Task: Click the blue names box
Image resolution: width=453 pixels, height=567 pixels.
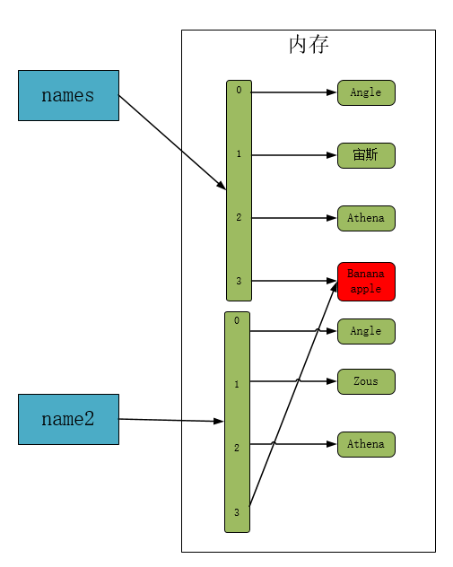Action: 68,95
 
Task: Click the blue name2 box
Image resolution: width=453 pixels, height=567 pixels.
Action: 68,419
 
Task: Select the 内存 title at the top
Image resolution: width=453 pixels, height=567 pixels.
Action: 309,45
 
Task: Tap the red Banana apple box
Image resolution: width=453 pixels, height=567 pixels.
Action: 366,282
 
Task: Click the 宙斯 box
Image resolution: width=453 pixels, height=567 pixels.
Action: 366,155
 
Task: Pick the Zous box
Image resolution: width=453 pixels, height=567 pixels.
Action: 366,381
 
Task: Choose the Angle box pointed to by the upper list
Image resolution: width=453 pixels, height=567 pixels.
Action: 366,92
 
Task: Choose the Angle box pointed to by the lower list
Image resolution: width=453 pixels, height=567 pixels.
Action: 366,331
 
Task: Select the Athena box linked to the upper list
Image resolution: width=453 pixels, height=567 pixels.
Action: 366,218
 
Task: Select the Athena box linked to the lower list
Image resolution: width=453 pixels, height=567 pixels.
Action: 366,444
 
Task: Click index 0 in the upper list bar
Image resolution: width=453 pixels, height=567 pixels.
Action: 239,90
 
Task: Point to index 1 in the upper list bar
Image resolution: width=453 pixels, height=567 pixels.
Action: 239,153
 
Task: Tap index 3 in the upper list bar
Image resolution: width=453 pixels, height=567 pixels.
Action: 239,281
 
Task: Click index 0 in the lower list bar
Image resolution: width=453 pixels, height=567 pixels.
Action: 237,320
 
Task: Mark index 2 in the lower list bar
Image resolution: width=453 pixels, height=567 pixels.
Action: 237,448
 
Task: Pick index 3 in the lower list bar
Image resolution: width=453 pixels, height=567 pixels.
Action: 237,512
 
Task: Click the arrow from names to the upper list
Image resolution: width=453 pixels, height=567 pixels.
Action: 172,143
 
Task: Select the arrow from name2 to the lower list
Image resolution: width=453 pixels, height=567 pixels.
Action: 171,420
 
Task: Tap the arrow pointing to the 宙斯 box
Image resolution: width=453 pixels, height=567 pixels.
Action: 294,155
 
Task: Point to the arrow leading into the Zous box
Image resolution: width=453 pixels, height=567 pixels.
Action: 293,381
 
